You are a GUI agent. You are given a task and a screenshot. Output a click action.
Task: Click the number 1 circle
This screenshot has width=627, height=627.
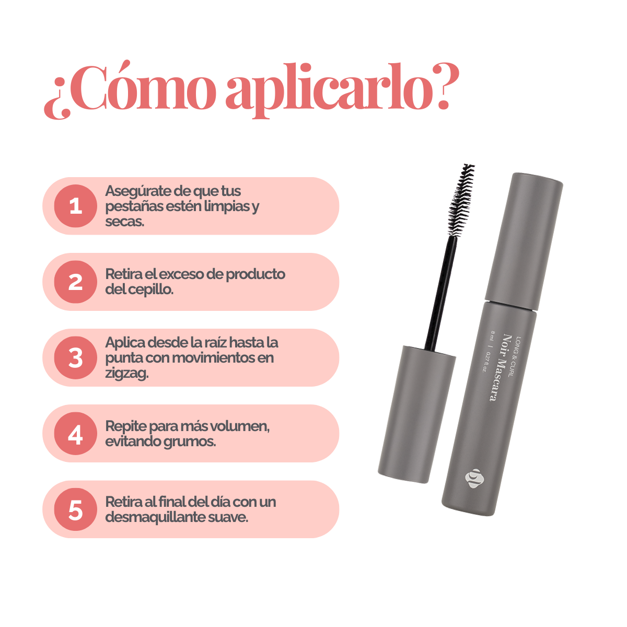tap(75, 206)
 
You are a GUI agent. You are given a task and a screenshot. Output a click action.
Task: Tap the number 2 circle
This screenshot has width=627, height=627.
tap(75, 282)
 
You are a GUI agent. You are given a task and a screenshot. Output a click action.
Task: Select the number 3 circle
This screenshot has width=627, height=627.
tap(75, 357)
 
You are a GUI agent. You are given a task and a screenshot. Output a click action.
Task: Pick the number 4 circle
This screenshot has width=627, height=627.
tap(75, 433)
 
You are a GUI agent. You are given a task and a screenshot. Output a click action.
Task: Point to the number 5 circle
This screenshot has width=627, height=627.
tap(75, 509)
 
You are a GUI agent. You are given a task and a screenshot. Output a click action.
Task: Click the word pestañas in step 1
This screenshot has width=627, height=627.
tap(134, 207)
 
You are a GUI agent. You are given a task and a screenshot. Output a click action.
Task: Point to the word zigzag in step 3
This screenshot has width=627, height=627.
tap(126, 374)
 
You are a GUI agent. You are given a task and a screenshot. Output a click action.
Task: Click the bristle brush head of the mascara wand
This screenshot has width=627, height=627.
tap(461, 201)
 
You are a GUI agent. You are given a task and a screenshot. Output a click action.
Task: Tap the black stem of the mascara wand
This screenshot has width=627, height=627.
tap(440, 292)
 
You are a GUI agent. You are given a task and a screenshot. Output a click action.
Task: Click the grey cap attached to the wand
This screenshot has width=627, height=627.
tap(417, 414)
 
